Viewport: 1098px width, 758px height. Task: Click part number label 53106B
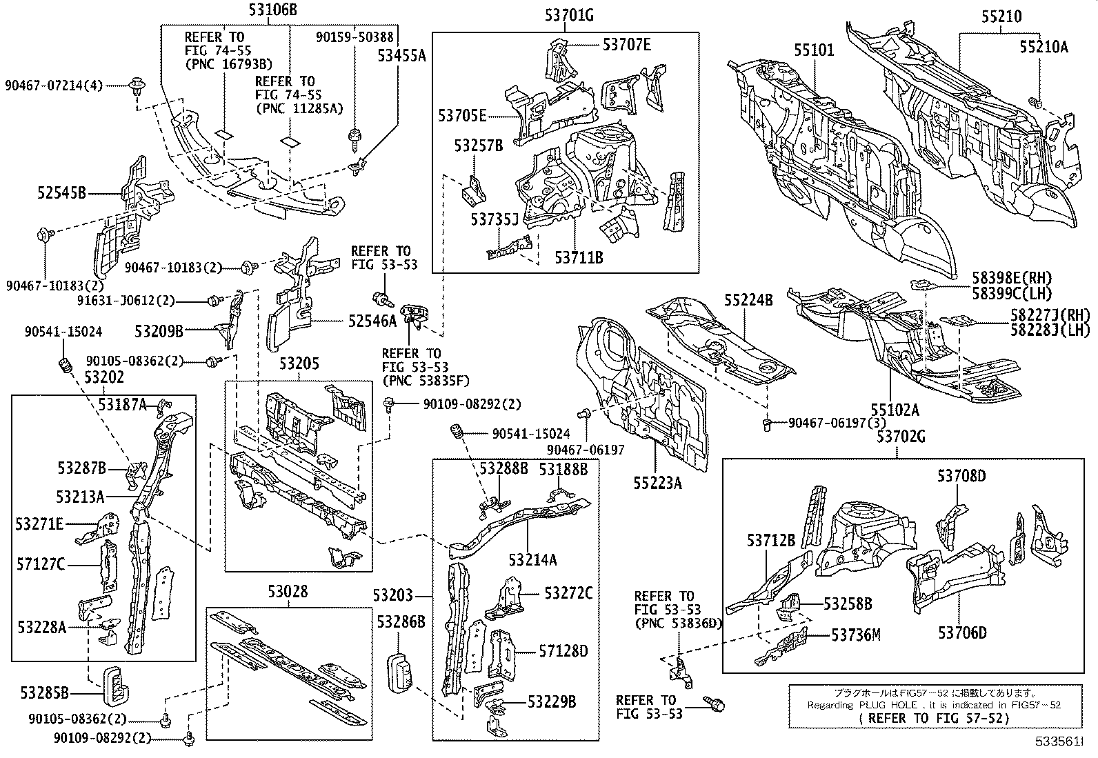click(272, 10)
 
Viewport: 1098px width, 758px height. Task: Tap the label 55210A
click(1044, 46)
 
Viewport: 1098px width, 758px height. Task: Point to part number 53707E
click(626, 45)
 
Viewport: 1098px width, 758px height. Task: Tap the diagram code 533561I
click(1058, 742)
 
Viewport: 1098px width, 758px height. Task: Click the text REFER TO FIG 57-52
click(934, 717)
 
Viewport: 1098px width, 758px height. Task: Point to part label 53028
click(288, 591)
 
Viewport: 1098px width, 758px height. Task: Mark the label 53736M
click(855, 635)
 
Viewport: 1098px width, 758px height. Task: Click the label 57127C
click(41, 565)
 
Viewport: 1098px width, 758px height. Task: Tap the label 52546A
click(372, 320)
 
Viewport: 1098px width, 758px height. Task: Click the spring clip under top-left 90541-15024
click(66, 366)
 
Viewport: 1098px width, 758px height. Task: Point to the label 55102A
click(895, 410)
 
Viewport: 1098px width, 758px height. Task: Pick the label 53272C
click(568, 592)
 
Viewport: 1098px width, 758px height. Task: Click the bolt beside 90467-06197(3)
click(768, 424)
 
